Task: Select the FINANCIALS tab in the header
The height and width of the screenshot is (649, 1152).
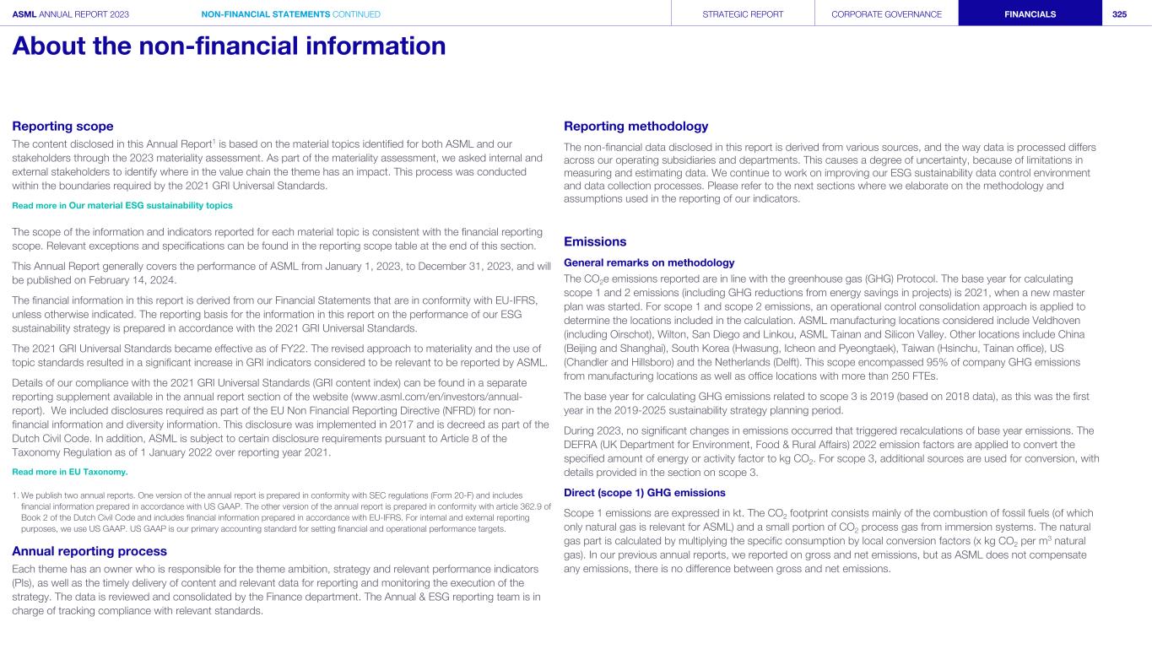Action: [1030, 14]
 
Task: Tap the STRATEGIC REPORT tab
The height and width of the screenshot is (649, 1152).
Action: [744, 14]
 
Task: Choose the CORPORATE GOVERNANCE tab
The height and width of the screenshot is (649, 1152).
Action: [886, 14]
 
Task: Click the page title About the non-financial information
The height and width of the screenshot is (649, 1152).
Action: [229, 46]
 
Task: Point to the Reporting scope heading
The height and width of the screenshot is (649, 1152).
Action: [62, 127]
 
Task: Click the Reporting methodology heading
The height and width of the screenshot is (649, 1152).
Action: [635, 127]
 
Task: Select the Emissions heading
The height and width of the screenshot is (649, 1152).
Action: [595, 242]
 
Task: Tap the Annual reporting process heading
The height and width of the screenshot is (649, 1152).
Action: [89, 551]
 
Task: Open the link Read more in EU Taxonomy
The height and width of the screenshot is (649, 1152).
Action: [70, 472]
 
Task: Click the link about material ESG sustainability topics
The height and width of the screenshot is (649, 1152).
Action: [122, 205]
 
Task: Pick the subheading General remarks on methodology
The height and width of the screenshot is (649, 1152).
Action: [649, 262]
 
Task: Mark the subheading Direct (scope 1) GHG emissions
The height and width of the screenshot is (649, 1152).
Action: [644, 493]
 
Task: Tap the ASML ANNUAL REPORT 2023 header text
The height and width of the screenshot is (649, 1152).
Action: [71, 14]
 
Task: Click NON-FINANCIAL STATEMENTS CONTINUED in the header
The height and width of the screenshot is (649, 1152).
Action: [291, 14]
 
